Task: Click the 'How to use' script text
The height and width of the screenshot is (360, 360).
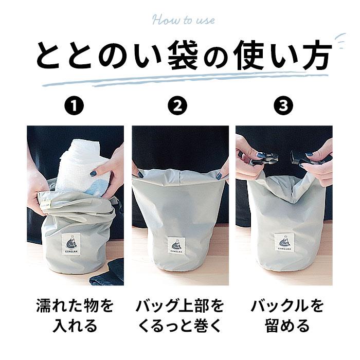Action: click(x=183, y=21)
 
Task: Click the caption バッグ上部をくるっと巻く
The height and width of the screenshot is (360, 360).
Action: click(x=179, y=316)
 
